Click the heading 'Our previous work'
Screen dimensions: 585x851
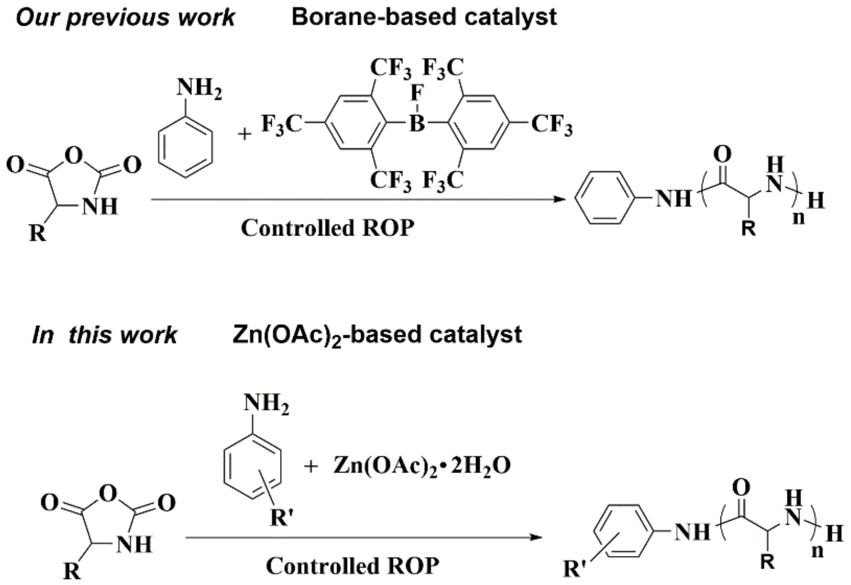coord(125,18)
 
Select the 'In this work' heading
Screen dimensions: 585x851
coord(104,335)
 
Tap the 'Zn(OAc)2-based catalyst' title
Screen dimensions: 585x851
coord(377,335)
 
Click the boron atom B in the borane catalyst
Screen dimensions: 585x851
coord(417,124)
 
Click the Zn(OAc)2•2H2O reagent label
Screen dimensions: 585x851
coord(422,466)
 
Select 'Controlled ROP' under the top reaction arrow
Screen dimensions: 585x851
coord(327,228)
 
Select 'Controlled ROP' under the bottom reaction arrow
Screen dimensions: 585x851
coord(352,565)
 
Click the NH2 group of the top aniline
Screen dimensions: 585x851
coord(199,89)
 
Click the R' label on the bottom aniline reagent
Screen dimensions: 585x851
coord(281,518)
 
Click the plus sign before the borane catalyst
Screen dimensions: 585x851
coord(245,134)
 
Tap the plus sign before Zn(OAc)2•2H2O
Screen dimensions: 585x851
coord(311,467)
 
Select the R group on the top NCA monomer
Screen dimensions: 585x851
coord(38,232)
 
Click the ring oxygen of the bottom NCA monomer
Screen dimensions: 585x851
coord(108,494)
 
